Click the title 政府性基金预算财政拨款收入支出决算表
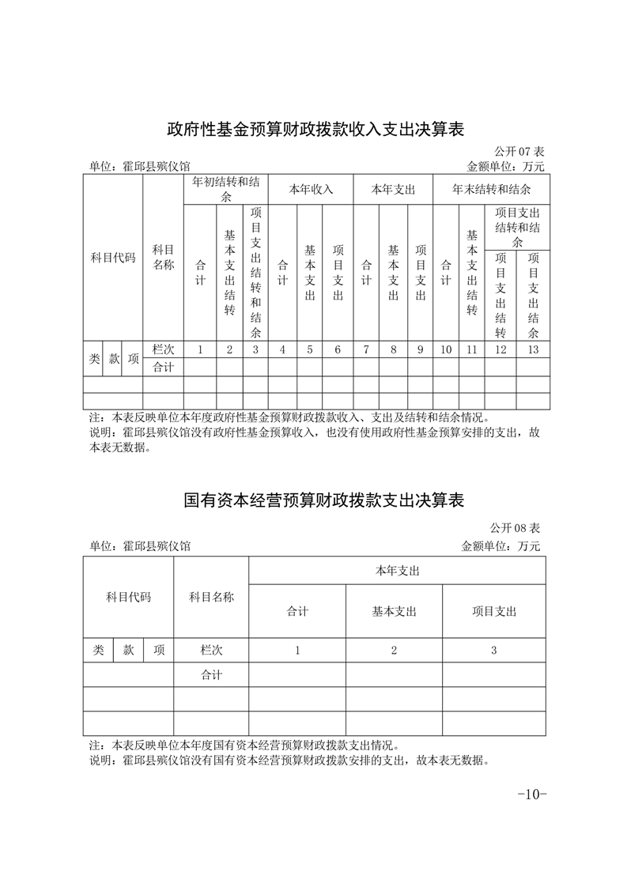[314, 127]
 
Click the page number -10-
[531, 794]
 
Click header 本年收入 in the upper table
[310, 190]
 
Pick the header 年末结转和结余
[490, 190]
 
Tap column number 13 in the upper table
[533, 349]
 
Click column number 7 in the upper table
[366, 349]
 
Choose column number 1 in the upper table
[200, 349]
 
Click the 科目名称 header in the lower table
[211, 597]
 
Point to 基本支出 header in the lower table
[394, 611]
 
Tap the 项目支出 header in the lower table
[493, 611]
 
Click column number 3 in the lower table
[493, 650]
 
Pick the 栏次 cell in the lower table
[211, 650]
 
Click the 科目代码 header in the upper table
[113, 258]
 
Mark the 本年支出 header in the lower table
[397, 571]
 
